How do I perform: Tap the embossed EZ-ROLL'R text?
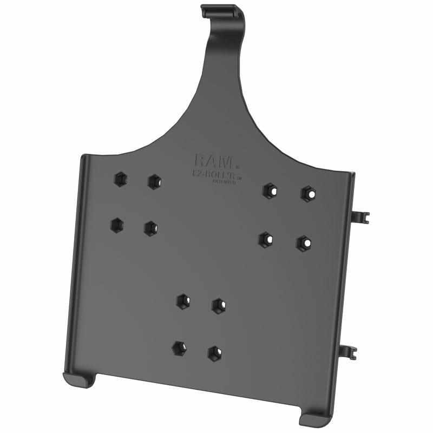tap(212, 174)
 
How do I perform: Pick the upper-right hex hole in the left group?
tap(155, 181)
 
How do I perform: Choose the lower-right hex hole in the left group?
tap(151, 228)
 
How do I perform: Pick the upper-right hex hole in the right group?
tap(308, 193)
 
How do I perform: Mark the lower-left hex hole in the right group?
tap(265, 239)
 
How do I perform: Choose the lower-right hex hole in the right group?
tap(304, 242)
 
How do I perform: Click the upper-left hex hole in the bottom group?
tap(183, 300)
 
